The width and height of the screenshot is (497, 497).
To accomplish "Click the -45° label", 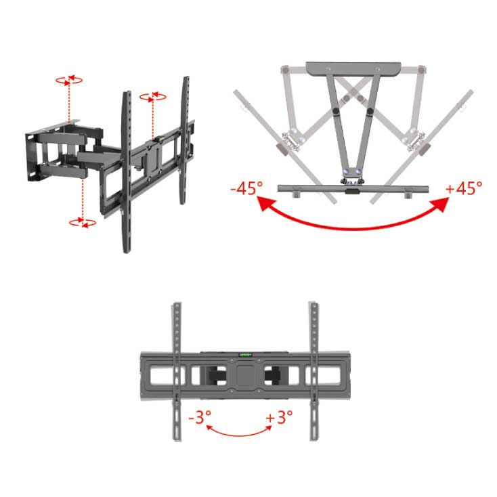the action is (246, 188).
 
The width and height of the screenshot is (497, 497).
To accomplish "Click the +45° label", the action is (464, 188).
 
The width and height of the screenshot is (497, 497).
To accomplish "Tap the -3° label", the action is (200, 417).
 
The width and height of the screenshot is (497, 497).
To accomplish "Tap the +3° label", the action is (279, 417).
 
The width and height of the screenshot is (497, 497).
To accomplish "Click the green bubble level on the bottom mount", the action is (246, 355).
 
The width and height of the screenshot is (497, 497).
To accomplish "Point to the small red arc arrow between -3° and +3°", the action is (239, 433).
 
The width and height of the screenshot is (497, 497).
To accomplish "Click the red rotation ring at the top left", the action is (69, 80).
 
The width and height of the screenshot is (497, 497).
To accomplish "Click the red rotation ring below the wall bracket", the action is (83, 223).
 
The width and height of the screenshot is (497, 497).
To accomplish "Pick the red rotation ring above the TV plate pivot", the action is (153, 97).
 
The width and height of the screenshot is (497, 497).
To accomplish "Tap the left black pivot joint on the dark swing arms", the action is (336, 111).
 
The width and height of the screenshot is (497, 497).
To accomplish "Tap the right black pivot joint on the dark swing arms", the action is (370, 111).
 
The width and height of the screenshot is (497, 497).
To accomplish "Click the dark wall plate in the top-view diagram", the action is (353, 69).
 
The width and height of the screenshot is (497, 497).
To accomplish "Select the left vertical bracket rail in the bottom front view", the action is (177, 372).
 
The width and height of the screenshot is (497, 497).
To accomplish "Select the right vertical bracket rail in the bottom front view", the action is (314, 372).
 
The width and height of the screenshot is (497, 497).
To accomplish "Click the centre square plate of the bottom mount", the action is (246, 376).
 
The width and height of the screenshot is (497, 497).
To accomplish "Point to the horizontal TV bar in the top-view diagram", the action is (353, 189).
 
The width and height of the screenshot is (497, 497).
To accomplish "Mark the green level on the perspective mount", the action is (160, 139).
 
